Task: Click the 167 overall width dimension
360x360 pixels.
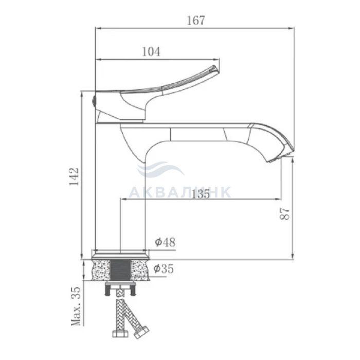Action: pyautogui.click(x=195, y=21)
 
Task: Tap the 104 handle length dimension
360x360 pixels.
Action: pyautogui.click(x=151, y=51)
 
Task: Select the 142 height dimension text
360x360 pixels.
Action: pyautogui.click(x=74, y=176)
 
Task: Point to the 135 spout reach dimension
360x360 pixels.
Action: pyautogui.click(x=201, y=194)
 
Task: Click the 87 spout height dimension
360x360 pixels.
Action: pyautogui.click(x=285, y=214)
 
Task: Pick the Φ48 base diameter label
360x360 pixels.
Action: pyautogui.click(x=165, y=242)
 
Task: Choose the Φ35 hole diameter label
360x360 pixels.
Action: pyautogui.click(x=164, y=268)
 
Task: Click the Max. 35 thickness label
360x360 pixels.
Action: pyautogui.click(x=76, y=306)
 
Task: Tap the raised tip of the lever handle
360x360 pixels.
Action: pyautogui.click(x=214, y=69)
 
